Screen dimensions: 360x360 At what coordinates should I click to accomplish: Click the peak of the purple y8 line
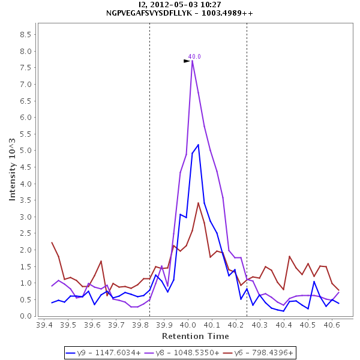192,61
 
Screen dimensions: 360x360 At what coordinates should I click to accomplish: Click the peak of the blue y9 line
198,145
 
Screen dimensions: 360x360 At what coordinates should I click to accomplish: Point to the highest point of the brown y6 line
198,203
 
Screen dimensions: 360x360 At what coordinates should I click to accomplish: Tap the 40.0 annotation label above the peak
194,56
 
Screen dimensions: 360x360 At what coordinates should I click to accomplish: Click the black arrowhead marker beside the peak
187,61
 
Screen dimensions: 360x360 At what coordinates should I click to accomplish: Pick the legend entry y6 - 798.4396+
256,352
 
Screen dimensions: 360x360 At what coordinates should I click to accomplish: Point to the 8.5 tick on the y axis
26,35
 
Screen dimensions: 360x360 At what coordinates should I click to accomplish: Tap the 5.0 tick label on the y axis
26,151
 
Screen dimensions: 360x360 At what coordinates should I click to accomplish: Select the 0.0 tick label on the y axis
26,316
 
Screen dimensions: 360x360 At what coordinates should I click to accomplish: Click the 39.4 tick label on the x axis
44,325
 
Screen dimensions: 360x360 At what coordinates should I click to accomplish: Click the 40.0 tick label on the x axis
188,325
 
